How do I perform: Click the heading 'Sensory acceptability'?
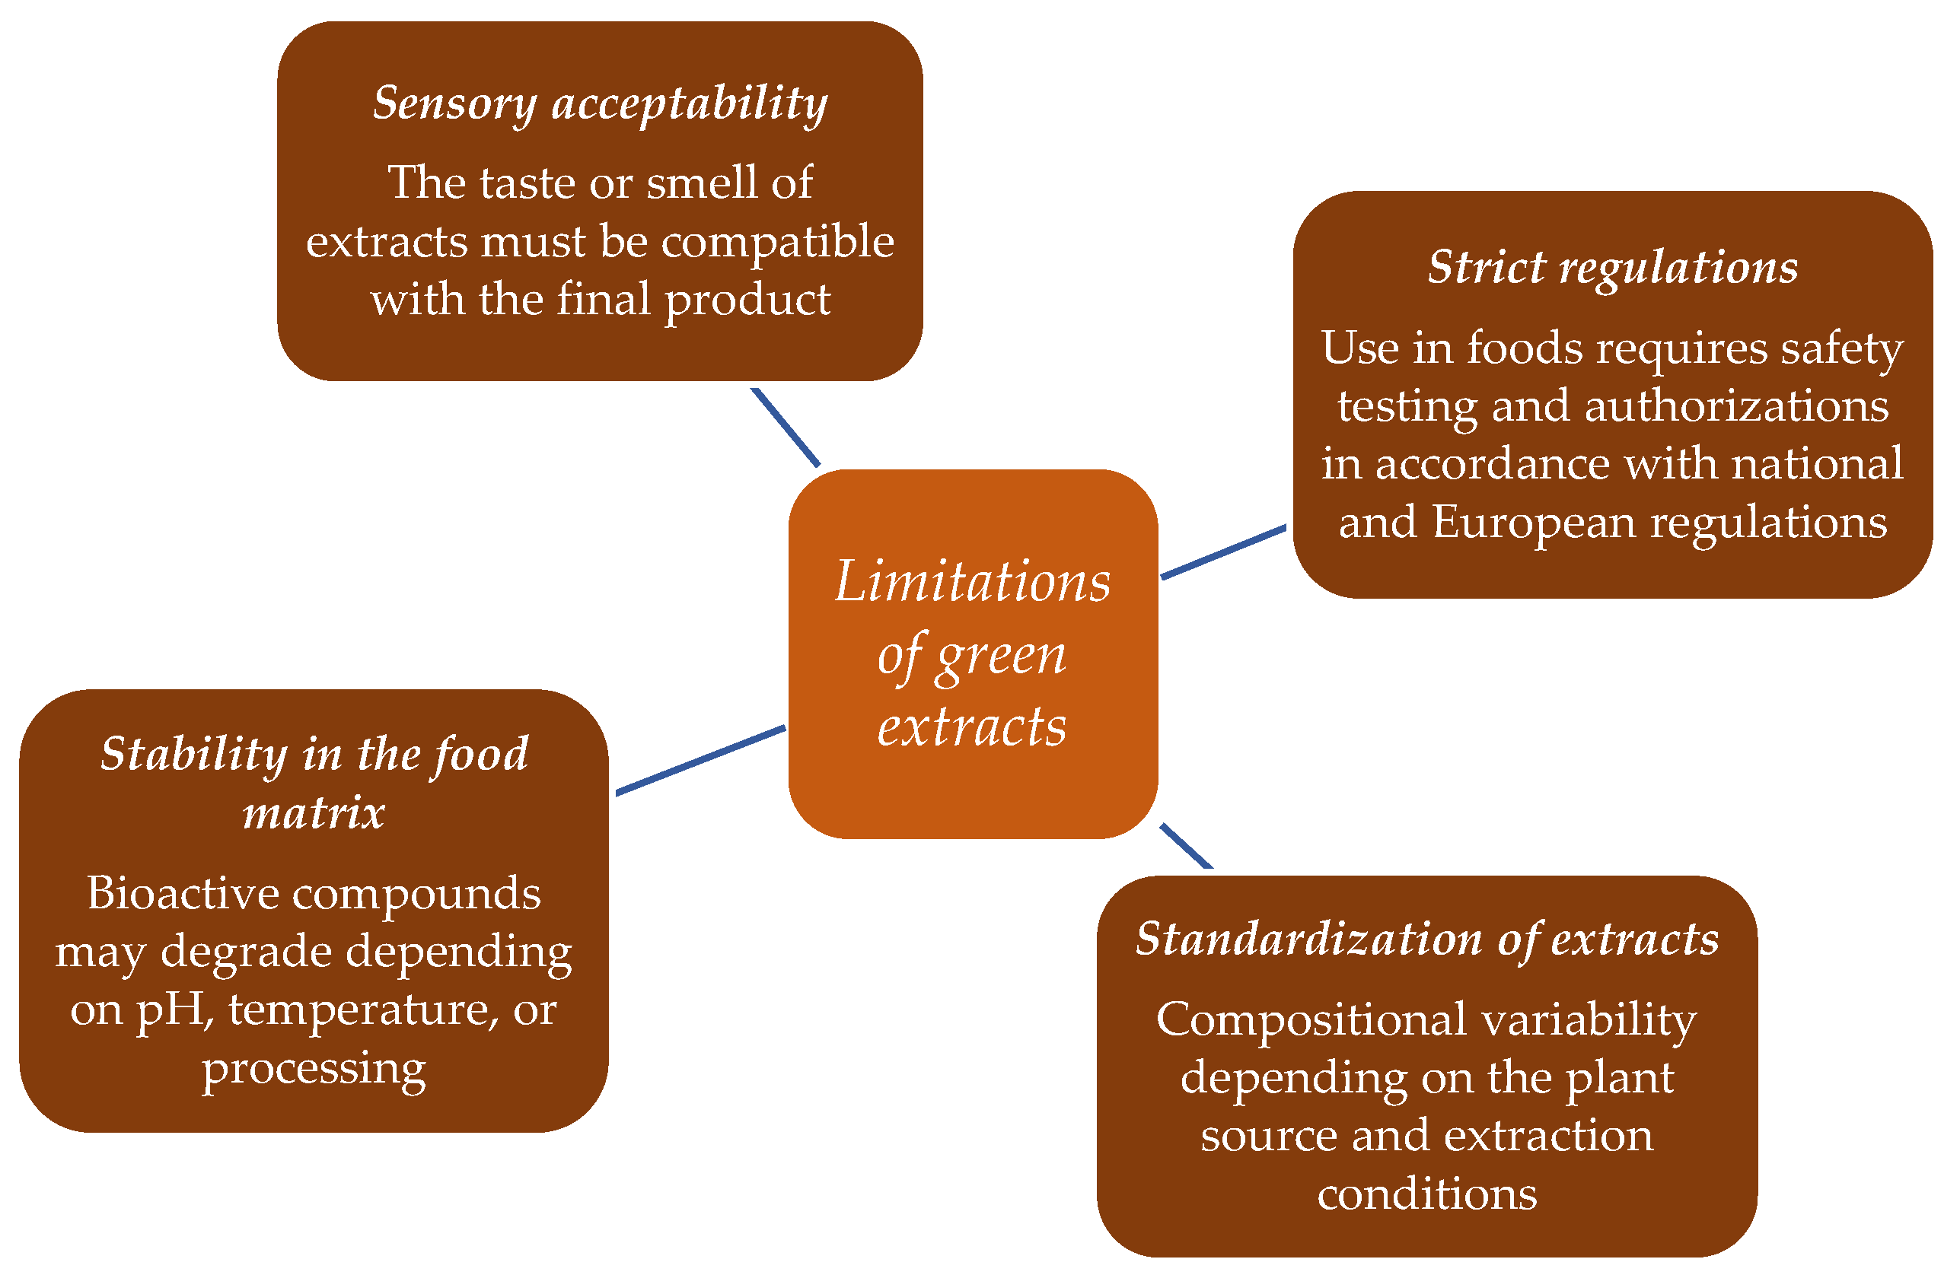click(600, 104)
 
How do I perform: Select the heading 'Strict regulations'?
click(1611, 269)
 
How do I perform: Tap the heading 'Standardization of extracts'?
click(1426, 940)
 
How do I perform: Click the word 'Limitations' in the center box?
click(973, 582)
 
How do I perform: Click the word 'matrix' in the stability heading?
click(314, 813)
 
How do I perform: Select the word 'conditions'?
click(1426, 1194)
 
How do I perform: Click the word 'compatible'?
click(777, 241)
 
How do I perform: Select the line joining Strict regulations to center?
click(1223, 552)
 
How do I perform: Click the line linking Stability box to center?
click(700, 761)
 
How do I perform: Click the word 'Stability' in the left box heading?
click(193, 754)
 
